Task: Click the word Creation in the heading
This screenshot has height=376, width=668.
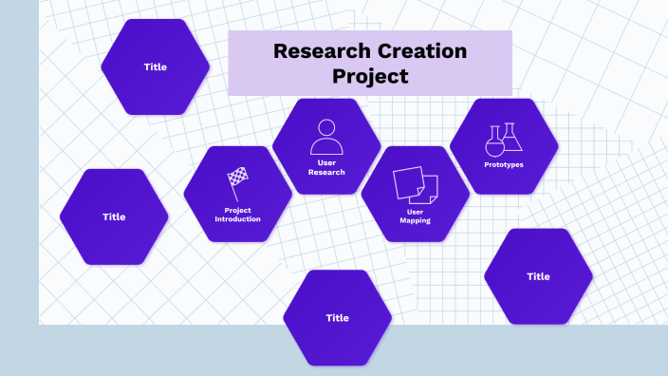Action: pos(420,51)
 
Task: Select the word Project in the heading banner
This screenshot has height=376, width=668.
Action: pos(370,76)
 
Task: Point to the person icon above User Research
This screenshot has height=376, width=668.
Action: pos(326,137)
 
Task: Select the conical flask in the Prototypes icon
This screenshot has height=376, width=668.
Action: pos(512,139)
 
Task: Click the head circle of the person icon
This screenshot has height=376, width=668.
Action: pos(326,127)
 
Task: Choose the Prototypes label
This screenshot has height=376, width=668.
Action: pos(504,164)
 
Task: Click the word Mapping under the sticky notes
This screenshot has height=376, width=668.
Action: pos(416,220)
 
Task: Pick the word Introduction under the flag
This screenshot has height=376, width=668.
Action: pos(237,219)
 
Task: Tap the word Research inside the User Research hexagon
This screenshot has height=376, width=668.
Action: pos(326,172)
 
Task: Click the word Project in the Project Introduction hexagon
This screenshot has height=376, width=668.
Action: pos(237,210)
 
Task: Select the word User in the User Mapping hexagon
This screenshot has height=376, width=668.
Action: pos(416,211)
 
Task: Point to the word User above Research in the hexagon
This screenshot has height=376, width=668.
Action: pos(326,162)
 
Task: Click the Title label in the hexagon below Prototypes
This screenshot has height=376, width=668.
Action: pos(538,276)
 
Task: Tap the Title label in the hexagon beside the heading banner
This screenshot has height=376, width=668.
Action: pos(155,66)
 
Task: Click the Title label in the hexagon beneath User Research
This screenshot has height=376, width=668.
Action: pos(337,318)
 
